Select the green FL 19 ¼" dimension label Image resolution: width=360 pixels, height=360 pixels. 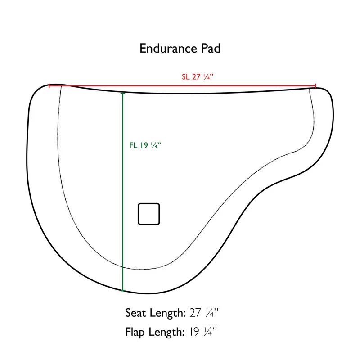[x=145, y=145]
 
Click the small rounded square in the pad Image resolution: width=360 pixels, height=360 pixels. [x=149, y=214]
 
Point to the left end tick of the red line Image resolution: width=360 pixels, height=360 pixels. [x=49, y=85]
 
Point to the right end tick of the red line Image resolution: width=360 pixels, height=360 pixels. [x=315, y=85]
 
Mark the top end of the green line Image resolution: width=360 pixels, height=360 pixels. [x=123, y=93]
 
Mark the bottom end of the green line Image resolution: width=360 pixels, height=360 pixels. [x=123, y=291]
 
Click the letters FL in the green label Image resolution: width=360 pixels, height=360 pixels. [x=133, y=145]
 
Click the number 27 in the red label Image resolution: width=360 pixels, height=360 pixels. [x=196, y=76]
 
